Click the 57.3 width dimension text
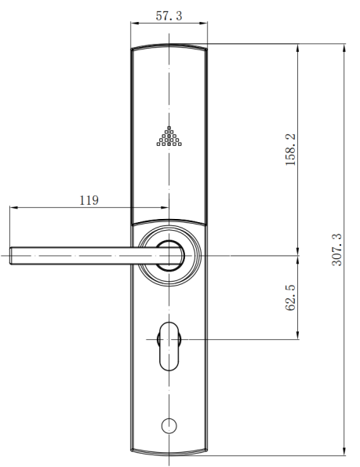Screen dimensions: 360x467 169,16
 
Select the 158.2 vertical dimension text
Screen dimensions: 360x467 291,149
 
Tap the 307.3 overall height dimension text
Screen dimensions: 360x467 336,250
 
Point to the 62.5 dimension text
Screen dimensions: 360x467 290,297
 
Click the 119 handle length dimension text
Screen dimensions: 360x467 89,200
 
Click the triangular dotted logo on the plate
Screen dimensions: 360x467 169,137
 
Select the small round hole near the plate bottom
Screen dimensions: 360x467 169,425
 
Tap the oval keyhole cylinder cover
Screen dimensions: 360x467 169,346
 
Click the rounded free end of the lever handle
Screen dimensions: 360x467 11,256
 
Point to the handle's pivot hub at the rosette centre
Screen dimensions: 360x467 169,256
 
